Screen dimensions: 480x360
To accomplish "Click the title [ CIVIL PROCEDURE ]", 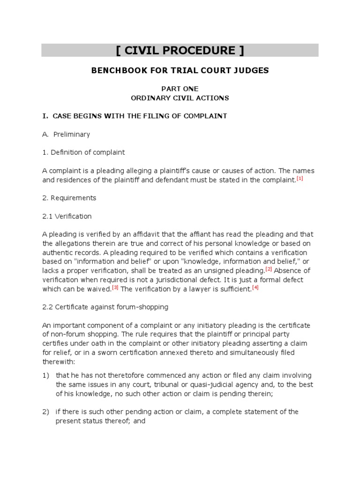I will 180,51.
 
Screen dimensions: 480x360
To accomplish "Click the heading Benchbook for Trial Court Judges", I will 180,71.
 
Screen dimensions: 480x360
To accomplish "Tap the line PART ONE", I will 180,89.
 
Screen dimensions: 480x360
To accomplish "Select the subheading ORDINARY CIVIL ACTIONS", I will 180,98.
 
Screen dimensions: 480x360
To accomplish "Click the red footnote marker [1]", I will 300,179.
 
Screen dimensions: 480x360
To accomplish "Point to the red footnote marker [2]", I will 269,269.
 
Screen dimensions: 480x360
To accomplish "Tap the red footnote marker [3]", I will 115,287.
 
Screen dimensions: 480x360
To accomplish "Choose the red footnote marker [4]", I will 255,287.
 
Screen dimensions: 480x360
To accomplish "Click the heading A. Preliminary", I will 66,135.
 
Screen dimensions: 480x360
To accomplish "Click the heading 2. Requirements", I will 69,198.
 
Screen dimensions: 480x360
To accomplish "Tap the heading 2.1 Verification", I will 67,216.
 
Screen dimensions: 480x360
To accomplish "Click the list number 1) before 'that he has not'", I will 45,375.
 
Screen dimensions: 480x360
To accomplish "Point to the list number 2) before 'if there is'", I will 45,412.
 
